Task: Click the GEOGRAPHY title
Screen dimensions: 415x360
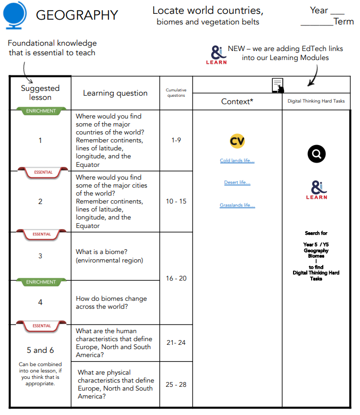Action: pos(77,15)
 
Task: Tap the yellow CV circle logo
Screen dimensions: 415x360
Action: pos(237,141)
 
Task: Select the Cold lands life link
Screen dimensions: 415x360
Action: pos(237,160)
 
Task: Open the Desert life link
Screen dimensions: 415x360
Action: pos(237,183)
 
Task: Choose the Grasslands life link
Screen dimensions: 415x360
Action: pos(237,206)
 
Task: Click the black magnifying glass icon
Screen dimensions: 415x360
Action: pos(316,154)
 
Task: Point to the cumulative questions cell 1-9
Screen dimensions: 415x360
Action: pos(176,140)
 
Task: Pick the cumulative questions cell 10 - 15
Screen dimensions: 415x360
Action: pos(176,201)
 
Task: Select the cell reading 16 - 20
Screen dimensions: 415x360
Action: pos(176,278)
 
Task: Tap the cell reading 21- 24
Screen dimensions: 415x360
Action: pos(176,343)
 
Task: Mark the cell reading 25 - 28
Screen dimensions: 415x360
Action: pos(176,384)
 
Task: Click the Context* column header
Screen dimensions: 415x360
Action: pos(237,101)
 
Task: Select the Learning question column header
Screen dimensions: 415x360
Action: pos(115,93)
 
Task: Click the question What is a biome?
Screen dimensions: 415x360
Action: pos(105,252)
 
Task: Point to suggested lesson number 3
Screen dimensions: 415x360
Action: pos(40,256)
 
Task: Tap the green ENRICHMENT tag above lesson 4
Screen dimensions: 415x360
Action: pos(40,282)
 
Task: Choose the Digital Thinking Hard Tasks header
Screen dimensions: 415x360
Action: pos(316,101)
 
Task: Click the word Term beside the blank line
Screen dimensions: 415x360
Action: pos(344,22)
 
